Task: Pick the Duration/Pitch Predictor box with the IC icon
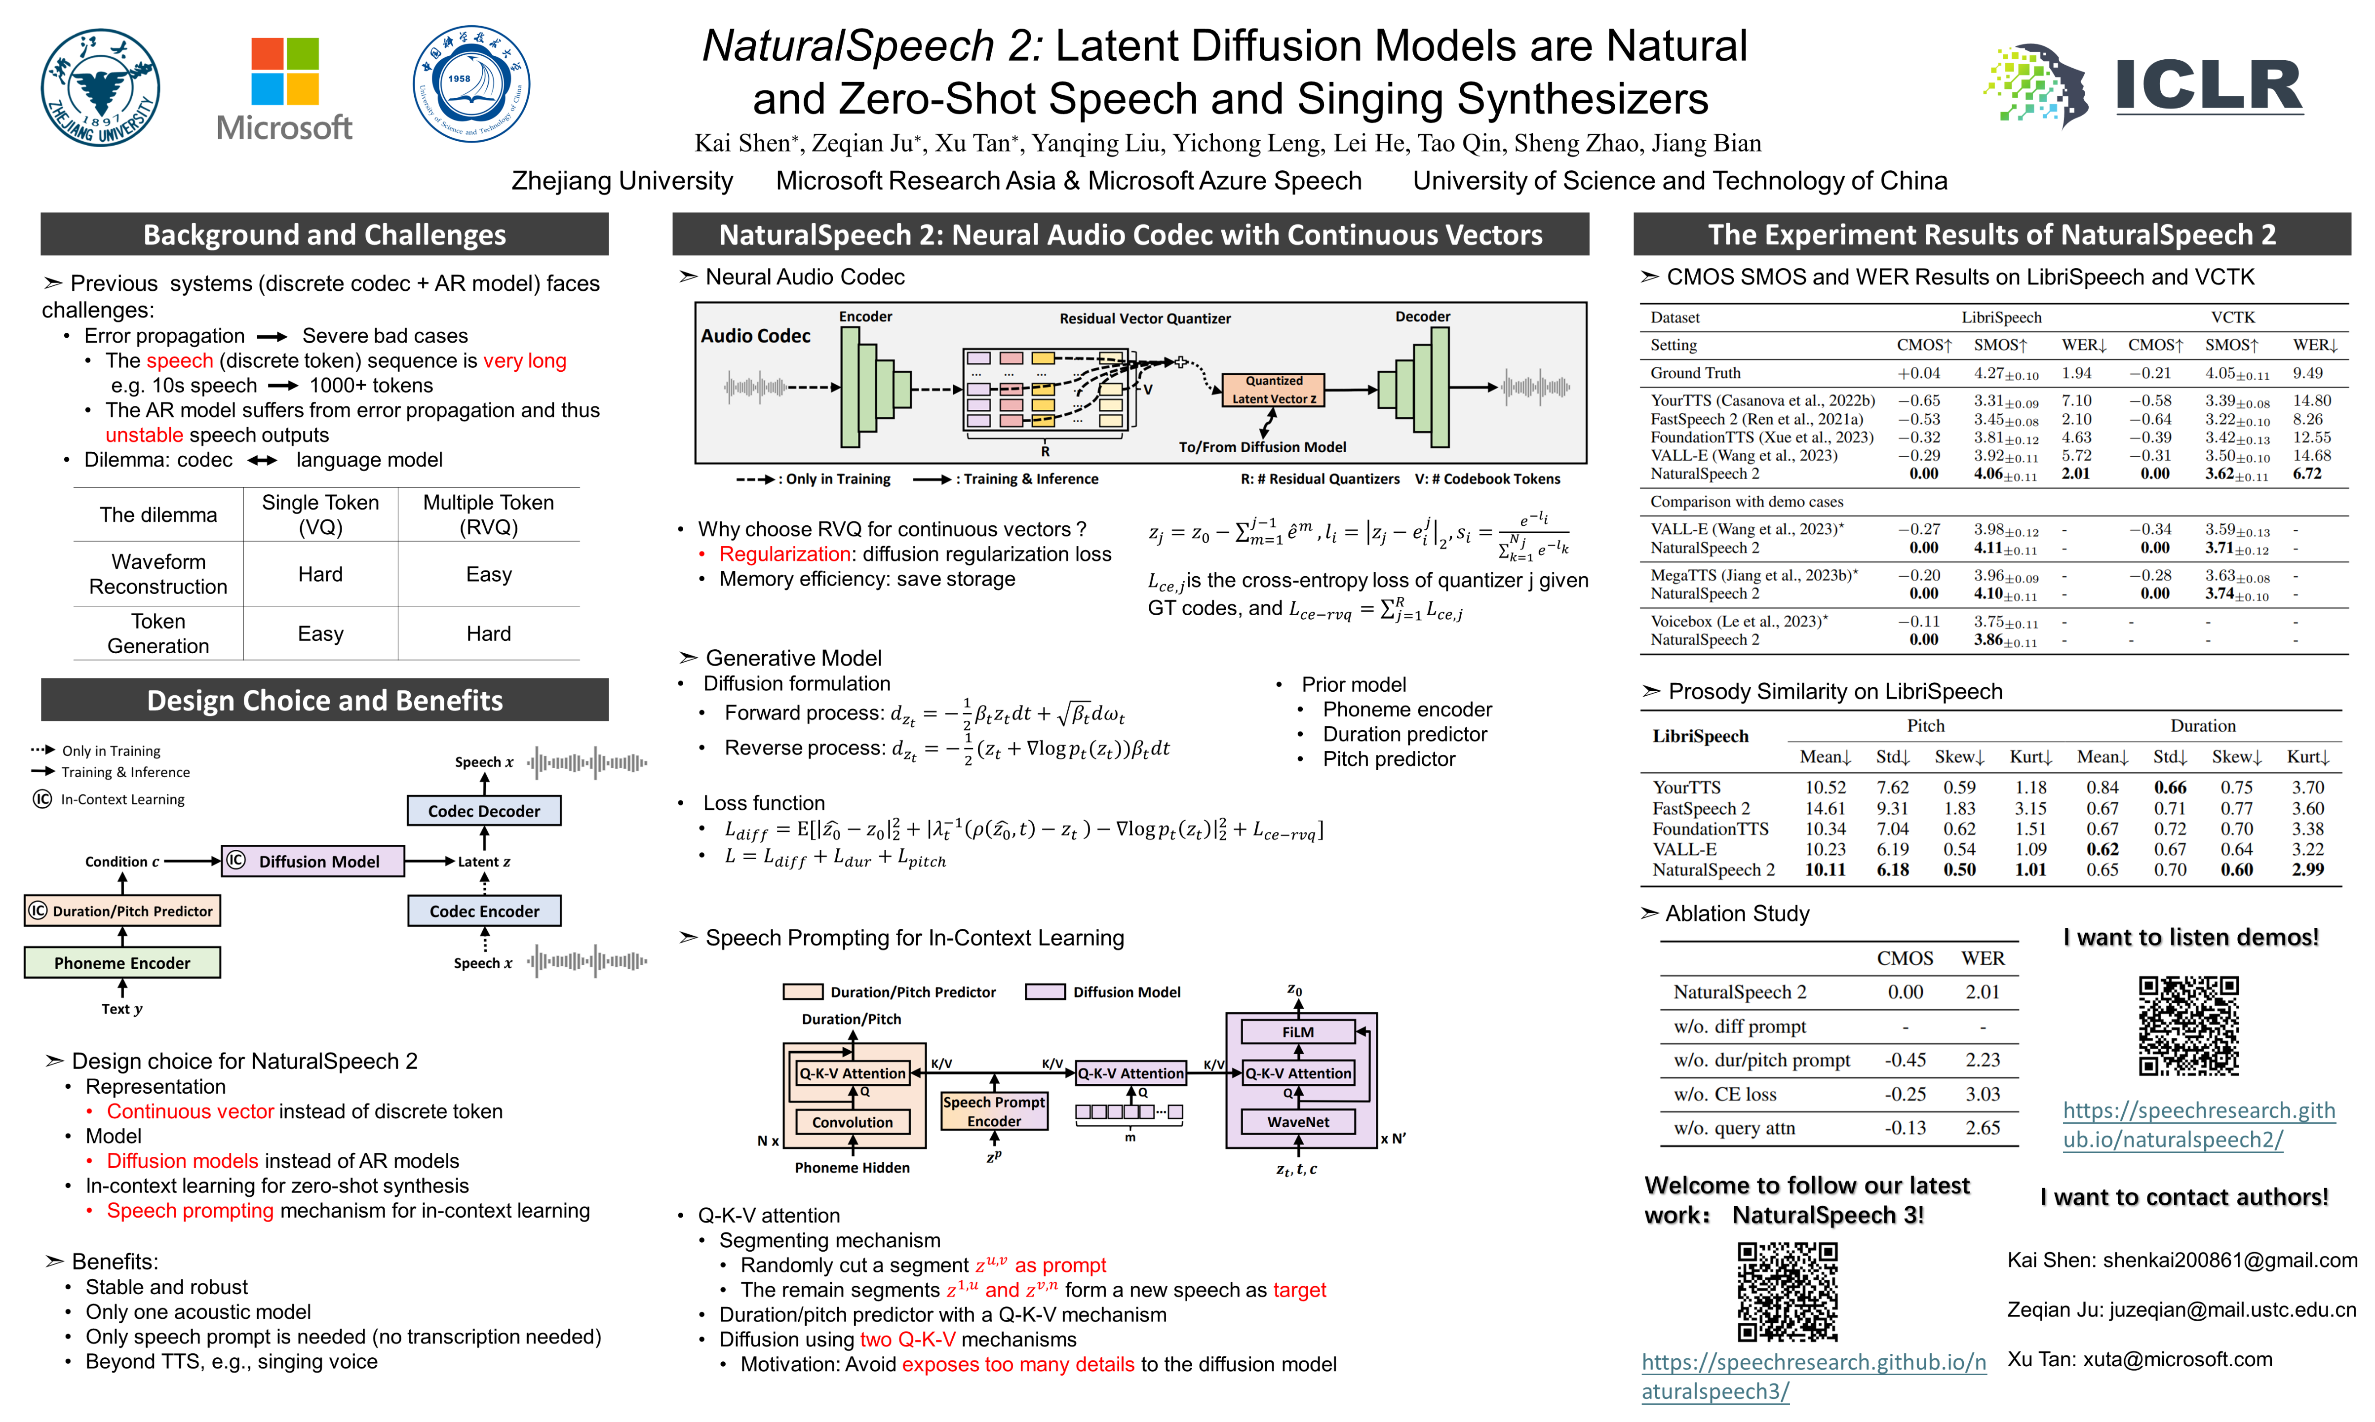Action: pos(122,910)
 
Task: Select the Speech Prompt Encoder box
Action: pos(994,1111)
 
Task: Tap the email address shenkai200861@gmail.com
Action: pos(2229,1260)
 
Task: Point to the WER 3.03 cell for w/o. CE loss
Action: pos(1982,1094)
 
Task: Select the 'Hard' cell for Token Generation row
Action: pos(489,633)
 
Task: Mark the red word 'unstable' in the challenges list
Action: pos(144,435)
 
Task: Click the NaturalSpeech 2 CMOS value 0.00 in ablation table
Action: pos(1905,992)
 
